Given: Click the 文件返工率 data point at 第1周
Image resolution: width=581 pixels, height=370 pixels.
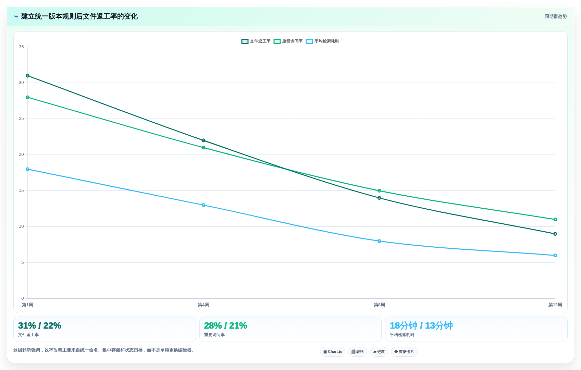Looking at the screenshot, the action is tap(27, 76).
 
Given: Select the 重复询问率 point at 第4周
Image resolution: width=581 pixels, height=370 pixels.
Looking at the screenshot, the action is tap(203, 148).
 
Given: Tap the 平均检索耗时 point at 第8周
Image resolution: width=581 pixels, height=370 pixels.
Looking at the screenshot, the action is tap(379, 241).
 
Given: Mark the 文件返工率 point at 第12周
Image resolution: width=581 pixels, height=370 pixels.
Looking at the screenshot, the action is tap(555, 234).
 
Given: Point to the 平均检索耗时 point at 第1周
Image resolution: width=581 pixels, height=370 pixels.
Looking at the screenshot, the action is tap(27, 169).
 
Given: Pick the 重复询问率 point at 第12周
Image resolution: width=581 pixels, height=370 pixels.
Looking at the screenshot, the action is tap(555, 220).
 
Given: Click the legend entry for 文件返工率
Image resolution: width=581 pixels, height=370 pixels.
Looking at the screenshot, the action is tap(256, 41).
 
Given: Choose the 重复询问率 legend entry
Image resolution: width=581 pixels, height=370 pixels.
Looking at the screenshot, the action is tap(288, 41).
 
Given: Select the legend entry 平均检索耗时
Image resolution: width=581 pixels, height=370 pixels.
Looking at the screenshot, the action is tap(322, 41).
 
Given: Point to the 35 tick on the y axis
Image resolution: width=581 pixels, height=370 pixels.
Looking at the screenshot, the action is tap(21, 47).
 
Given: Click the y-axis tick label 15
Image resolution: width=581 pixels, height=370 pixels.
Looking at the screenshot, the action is tap(21, 190).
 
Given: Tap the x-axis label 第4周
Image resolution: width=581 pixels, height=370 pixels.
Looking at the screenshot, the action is tap(203, 305).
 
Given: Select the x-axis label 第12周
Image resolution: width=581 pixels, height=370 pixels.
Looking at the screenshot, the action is tap(555, 305).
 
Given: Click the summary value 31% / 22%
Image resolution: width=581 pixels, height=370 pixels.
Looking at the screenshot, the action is tap(39, 325).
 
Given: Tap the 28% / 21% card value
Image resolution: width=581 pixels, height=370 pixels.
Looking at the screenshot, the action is tap(225, 325).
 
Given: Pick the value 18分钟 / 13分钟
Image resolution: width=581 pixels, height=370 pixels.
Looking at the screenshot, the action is tap(421, 325).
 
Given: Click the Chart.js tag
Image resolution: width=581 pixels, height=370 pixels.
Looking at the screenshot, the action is tap(333, 351).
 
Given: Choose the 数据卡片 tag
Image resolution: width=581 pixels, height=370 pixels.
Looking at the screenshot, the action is tap(404, 351).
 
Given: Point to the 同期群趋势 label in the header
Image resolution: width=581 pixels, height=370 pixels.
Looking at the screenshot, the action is tap(556, 16).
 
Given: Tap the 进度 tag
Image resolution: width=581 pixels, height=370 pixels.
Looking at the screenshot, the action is tap(379, 351).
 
